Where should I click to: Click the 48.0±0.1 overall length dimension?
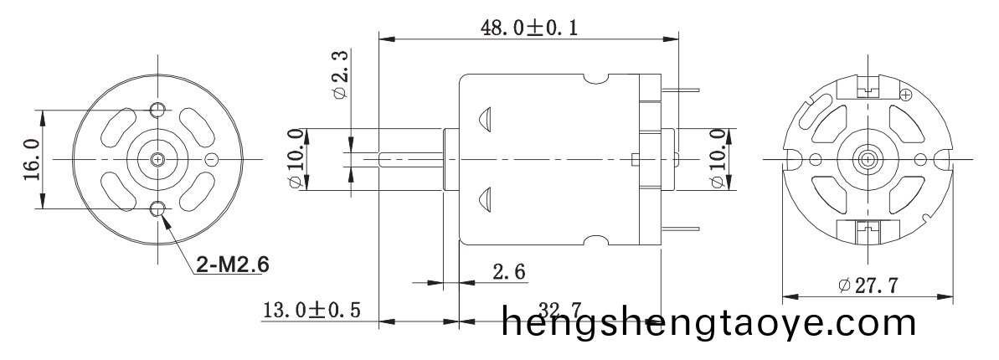coord(528,27)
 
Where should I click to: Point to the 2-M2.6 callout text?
coord(232,265)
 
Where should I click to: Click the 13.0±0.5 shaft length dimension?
coord(312,311)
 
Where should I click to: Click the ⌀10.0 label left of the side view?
coord(296,159)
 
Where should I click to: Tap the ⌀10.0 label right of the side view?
coord(718,159)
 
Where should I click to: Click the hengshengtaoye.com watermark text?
coord(709,321)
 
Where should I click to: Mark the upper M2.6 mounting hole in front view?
coord(157,110)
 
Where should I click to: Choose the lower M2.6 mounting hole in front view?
coord(157,208)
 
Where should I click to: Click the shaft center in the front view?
coord(157,158)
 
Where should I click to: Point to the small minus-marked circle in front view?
coord(212,159)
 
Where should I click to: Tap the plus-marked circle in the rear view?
coord(905,96)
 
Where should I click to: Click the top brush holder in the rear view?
coord(867,85)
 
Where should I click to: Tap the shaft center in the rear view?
coord(867,158)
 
